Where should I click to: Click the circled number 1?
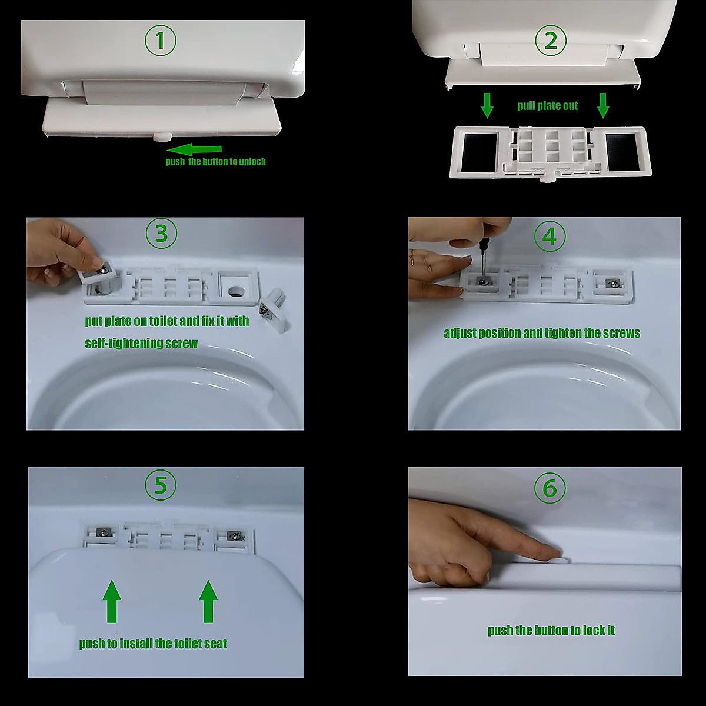(161, 41)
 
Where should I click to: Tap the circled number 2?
(551, 41)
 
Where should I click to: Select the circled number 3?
(161, 234)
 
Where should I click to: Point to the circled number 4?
(550, 237)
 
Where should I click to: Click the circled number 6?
(550, 488)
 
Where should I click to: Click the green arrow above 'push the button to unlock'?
(194, 149)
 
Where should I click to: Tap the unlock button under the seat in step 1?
(162, 137)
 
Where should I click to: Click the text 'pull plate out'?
(547, 106)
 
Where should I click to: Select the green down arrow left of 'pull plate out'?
(487, 105)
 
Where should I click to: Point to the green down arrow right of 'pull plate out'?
(602, 105)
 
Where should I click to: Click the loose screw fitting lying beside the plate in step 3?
(274, 310)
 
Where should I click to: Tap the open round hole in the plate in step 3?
(237, 292)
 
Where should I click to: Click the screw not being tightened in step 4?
(612, 282)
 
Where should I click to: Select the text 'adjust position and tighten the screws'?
(542, 333)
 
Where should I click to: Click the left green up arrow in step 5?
(112, 601)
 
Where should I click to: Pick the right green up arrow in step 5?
(208, 601)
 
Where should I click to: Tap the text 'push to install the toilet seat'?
(153, 644)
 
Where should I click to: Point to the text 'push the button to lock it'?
(551, 630)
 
